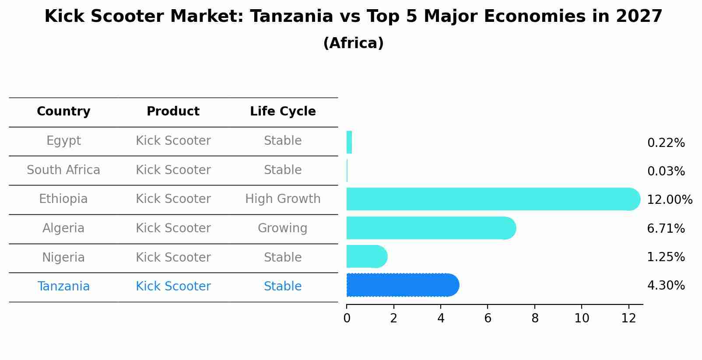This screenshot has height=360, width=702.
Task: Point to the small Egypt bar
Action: [x=349, y=142]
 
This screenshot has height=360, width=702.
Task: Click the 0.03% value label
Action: [x=666, y=171]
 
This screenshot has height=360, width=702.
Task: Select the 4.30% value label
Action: [x=666, y=286]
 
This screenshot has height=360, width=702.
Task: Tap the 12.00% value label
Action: [x=669, y=200]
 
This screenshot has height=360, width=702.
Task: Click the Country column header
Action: [x=63, y=112]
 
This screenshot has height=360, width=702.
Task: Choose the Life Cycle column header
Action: [x=283, y=112]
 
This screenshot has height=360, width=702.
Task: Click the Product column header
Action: [x=173, y=112]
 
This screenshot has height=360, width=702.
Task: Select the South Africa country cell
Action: [x=63, y=170]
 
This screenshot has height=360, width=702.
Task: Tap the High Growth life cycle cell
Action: [x=283, y=199]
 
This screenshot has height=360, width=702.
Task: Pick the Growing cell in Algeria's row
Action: [x=282, y=228]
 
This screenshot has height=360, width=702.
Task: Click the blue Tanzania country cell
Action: [x=63, y=287]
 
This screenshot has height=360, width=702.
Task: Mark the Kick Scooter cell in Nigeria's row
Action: [x=173, y=257]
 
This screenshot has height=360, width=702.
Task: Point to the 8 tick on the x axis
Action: [x=535, y=318]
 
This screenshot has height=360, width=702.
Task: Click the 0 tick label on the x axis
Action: [x=347, y=318]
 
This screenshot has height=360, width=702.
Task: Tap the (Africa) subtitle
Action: [x=353, y=43]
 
